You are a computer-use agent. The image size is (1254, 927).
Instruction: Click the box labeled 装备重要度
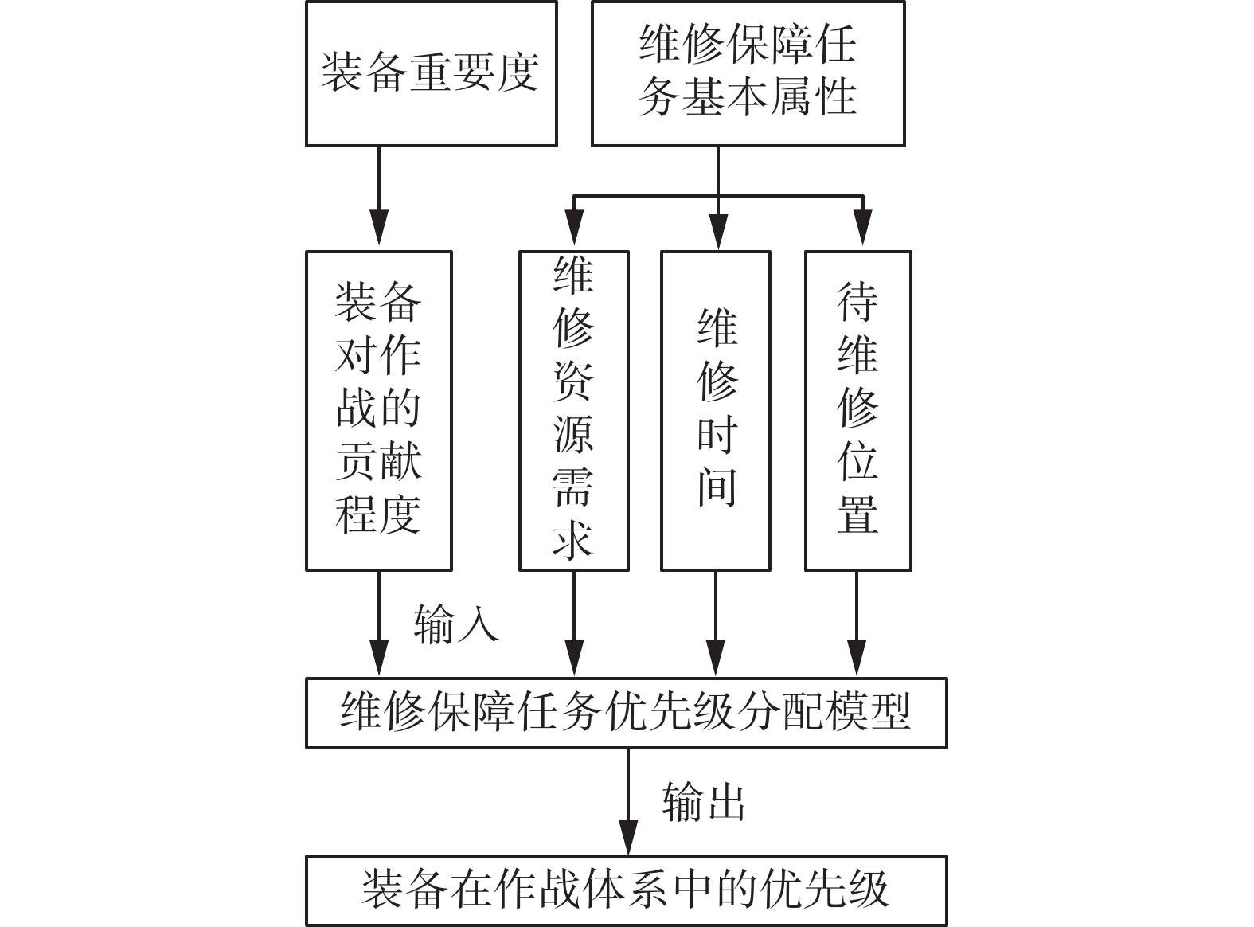pos(431,73)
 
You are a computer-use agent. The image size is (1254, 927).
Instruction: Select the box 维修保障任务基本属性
pos(748,73)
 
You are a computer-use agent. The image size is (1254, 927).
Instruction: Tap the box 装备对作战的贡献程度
pos(379,410)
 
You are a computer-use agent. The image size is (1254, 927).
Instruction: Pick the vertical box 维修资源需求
pos(573,410)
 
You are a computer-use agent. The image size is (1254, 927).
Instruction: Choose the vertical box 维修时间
pos(716,410)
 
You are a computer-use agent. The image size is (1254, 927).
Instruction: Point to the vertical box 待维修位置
pos(857,410)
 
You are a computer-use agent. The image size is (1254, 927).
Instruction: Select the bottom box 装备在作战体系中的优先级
pos(626,890)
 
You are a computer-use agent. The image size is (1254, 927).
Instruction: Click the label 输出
pos(704,802)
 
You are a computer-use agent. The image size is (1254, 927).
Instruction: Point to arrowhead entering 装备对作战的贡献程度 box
pos(379,231)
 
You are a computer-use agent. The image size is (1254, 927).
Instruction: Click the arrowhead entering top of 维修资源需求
pos(573,231)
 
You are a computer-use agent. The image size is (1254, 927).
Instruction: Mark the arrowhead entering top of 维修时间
pos(717,231)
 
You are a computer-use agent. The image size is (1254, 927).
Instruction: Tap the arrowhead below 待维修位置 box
pos(857,658)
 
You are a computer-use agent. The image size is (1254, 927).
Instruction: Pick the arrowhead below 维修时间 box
pos(716,658)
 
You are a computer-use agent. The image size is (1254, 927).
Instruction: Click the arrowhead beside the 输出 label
pos(628,836)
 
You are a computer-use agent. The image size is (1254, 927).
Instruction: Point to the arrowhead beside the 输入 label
pos(379,658)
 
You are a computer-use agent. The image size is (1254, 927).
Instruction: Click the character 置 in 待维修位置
pos(857,514)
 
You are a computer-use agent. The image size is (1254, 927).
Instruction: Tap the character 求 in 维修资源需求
pos(573,539)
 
